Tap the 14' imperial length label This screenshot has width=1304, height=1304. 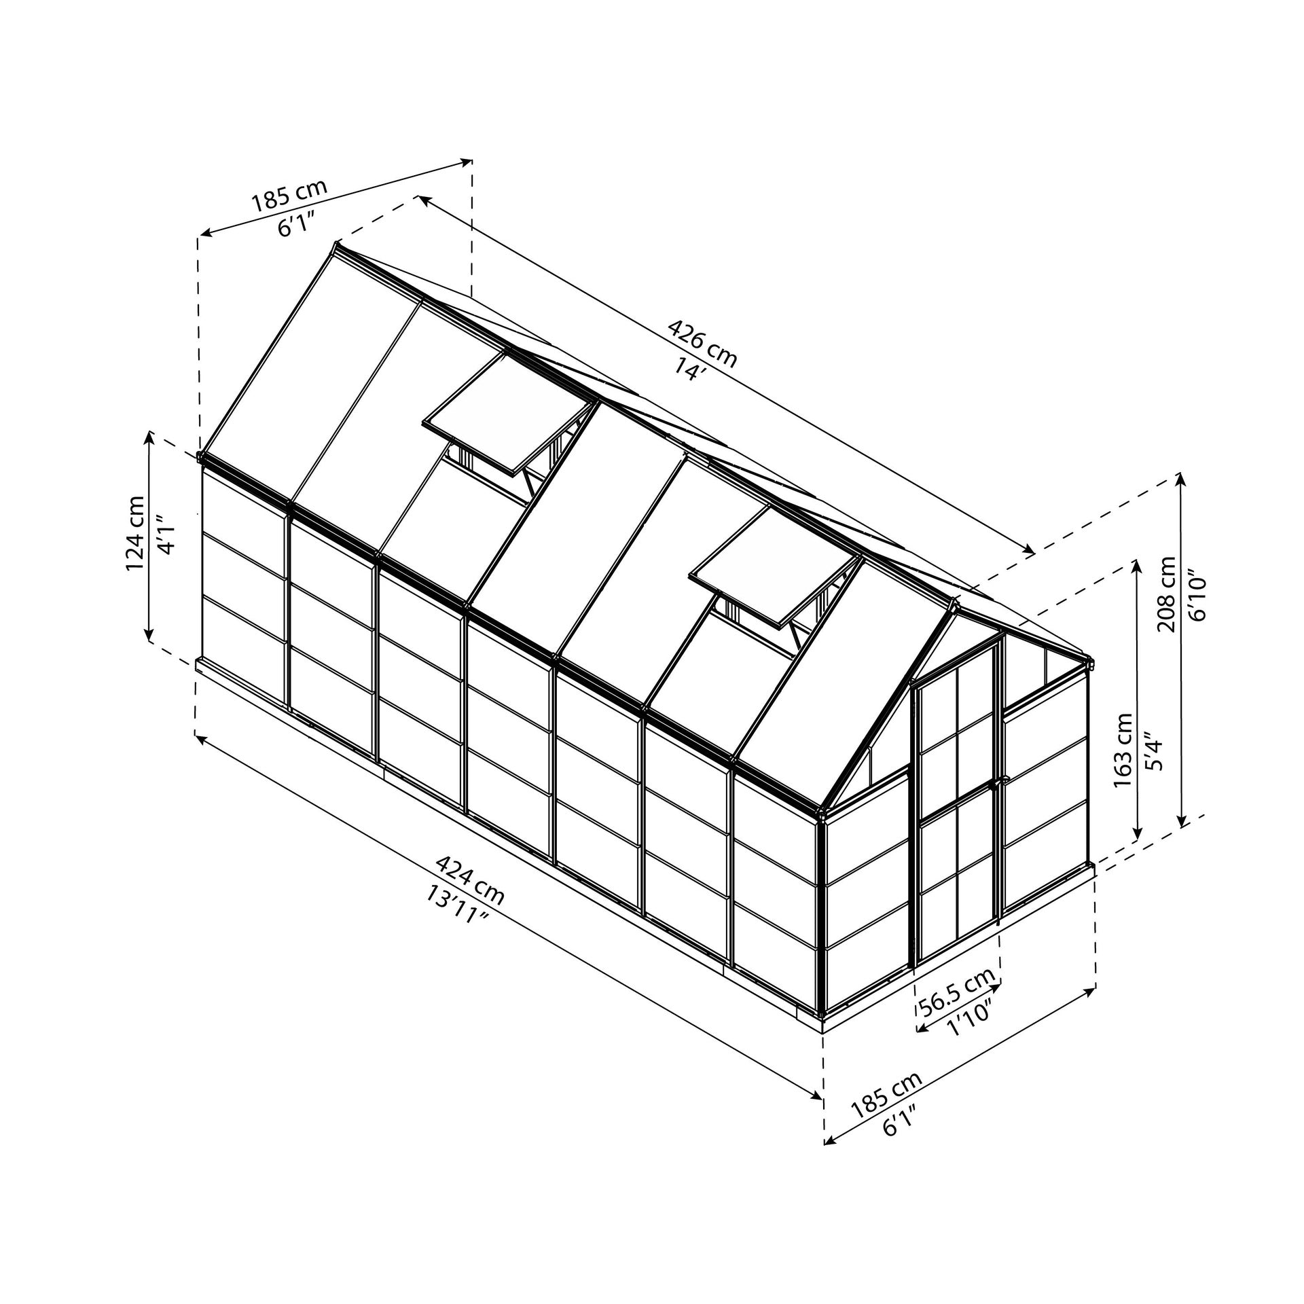pos(687,369)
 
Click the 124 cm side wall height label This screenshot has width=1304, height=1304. pos(135,534)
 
